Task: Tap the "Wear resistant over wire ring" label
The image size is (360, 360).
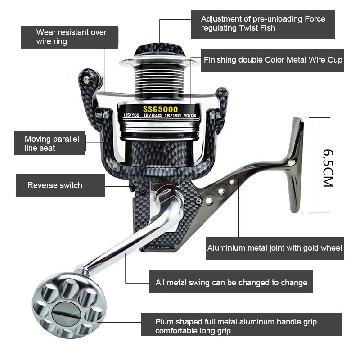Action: tap(70, 37)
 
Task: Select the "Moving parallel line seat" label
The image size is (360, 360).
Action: tap(49, 143)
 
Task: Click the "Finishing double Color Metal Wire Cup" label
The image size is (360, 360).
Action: tap(273, 60)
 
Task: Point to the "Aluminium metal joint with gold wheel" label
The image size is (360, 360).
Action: tap(274, 248)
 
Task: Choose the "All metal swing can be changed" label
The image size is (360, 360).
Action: tap(231, 283)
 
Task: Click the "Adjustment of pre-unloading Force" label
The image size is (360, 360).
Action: tap(263, 24)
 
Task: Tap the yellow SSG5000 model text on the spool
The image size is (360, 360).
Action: tap(160, 109)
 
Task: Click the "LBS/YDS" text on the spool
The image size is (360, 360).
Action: tap(131, 115)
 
